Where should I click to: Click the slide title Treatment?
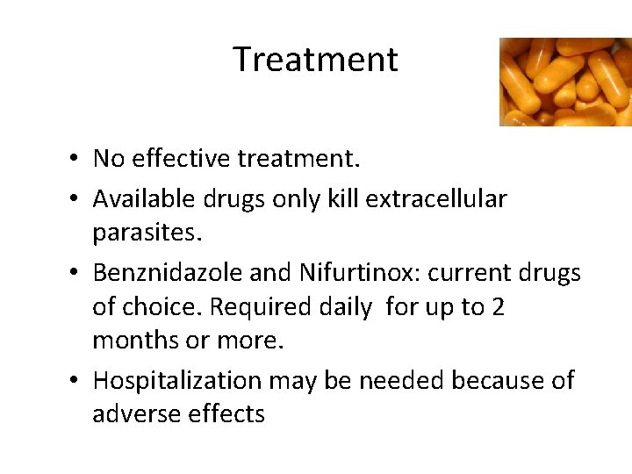tap(315, 60)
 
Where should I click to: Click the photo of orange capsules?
tap(564, 82)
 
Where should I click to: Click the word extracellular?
tap(435, 199)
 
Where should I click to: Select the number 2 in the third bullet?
tap(498, 308)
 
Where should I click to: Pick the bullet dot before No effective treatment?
tap(78, 159)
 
